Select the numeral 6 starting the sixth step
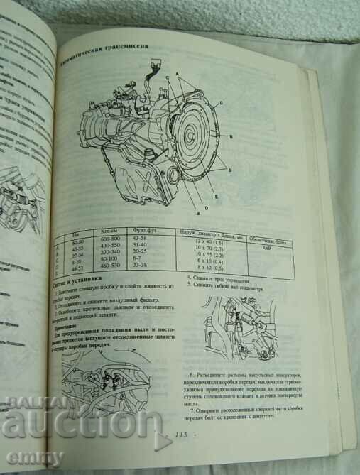click(192, 373)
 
